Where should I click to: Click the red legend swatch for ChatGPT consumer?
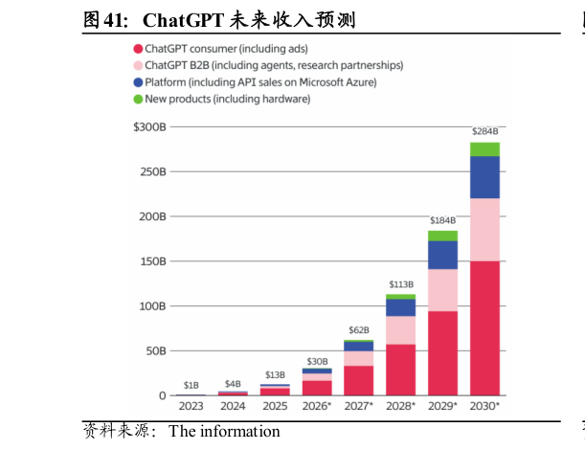tap(138, 48)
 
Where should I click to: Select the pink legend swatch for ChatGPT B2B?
tap(138, 65)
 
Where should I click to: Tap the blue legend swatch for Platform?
tap(138, 82)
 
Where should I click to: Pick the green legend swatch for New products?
tap(138, 100)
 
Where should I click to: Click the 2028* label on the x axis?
tap(400, 406)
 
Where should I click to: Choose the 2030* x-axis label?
tap(484, 406)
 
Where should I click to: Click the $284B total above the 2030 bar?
tap(484, 131)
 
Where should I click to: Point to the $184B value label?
tap(442, 221)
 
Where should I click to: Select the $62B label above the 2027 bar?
tap(359, 330)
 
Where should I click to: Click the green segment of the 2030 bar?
tap(484, 148)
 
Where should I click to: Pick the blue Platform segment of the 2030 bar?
tap(484, 177)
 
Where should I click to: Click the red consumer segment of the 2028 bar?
tap(400, 370)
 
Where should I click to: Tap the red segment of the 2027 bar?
tap(359, 380)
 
